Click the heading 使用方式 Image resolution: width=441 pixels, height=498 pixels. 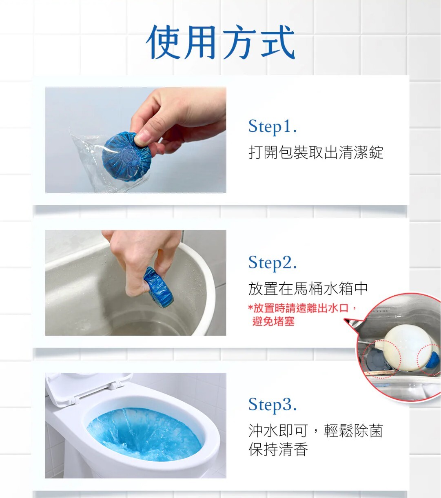point(220,42)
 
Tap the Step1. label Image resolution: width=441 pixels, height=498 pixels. point(273,127)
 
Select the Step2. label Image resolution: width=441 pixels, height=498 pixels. point(273,263)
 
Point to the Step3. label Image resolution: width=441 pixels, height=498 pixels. point(273,405)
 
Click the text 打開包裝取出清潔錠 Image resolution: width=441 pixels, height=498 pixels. point(316,153)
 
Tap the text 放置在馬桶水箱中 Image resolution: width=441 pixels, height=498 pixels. point(308,289)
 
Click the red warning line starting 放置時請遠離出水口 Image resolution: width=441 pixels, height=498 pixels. point(302,308)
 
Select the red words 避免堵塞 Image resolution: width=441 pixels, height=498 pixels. point(273,321)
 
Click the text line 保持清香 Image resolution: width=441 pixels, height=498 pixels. point(278,449)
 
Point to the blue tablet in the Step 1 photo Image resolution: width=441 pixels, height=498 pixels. point(126,157)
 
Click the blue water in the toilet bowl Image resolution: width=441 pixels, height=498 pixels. point(145,434)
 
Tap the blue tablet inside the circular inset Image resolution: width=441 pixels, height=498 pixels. point(433,360)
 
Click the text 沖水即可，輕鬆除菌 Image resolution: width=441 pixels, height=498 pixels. point(316,431)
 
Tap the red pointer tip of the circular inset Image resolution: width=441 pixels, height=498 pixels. point(345,319)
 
